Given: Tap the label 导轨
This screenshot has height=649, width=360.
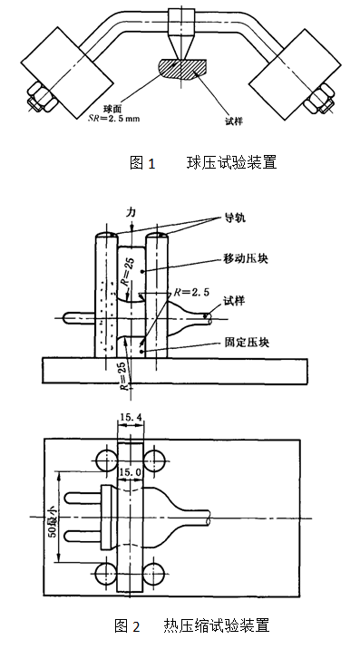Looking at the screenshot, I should pyautogui.click(x=235, y=219).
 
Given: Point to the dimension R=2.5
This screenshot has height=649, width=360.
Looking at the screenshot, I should pyautogui.click(x=191, y=294).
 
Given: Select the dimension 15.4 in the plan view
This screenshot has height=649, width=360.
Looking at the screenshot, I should pyautogui.click(x=133, y=417).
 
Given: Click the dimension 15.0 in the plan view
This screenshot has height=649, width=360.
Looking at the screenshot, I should pyautogui.click(x=133, y=472).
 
